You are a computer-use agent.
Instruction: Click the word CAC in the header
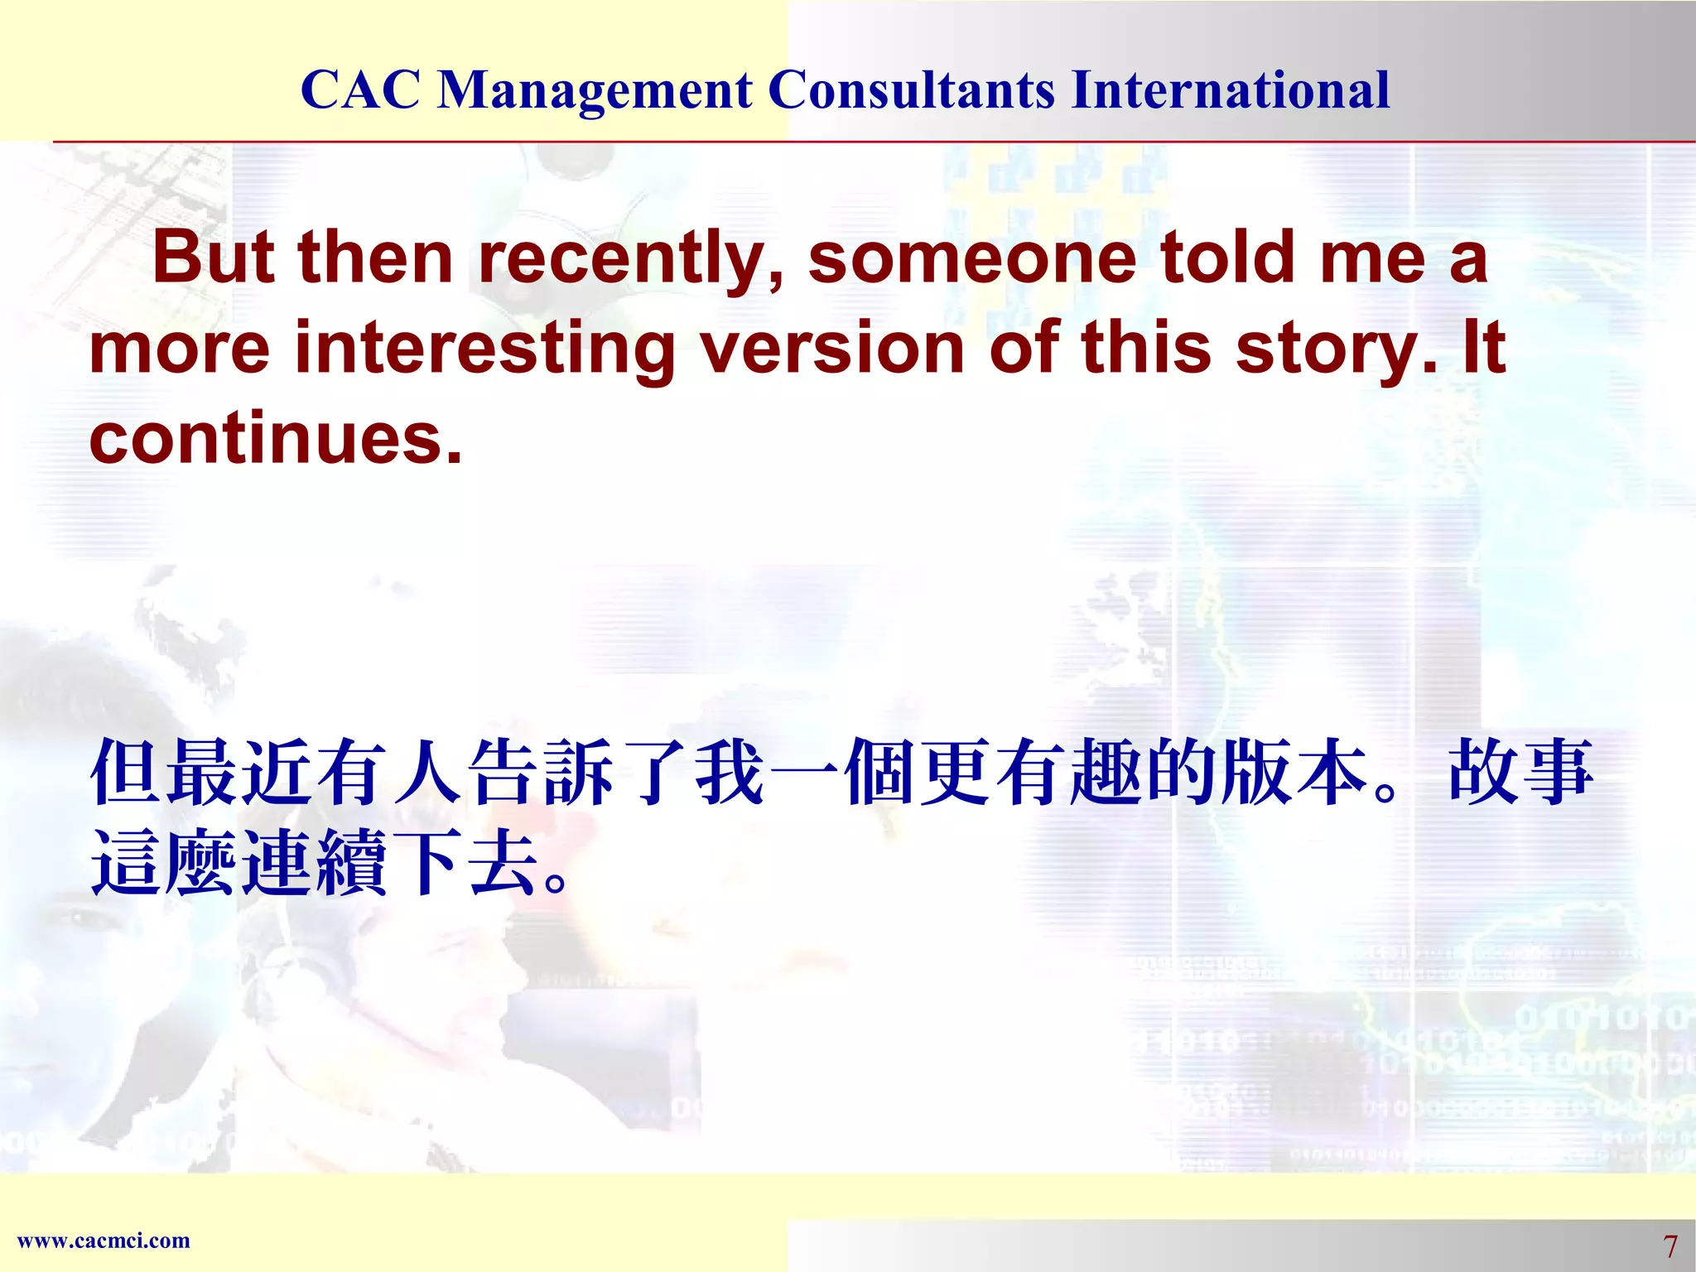click(360, 89)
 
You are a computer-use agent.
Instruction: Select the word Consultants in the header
click(912, 89)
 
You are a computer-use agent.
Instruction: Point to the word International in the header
click(1230, 89)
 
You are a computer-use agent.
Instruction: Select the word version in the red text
click(831, 347)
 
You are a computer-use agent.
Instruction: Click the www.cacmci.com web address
click(104, 1241)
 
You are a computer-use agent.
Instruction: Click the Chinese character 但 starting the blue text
click(126, 772)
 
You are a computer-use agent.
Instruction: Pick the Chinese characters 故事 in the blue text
click(1520, 772)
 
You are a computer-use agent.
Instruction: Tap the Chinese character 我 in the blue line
click(729, 772)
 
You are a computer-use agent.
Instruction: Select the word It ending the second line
click(1483, 347)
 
